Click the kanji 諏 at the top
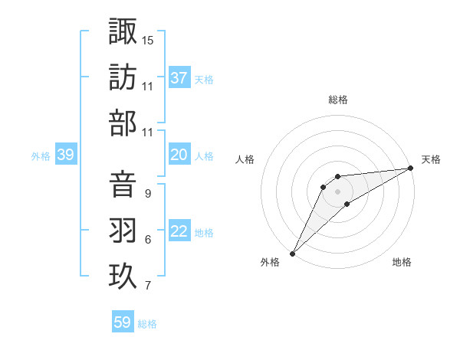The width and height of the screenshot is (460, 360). (123, 31)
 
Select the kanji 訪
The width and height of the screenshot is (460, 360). (123, 77)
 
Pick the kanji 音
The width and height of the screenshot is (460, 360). (123, 184)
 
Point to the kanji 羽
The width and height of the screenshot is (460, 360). (123, 230)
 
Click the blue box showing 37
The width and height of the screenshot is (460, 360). (179, 77)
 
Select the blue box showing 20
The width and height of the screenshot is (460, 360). (179, 155)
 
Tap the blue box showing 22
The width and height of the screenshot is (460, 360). (179, 231)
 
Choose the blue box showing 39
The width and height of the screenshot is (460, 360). (66, 155)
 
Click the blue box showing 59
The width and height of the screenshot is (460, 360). (123, 322)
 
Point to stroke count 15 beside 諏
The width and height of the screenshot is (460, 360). (148, 40)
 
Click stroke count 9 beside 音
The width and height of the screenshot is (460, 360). (147, 194)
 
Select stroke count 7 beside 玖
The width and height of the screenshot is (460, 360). (147, 286)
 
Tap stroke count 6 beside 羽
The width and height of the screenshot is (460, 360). (147, 240)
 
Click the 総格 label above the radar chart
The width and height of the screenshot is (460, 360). (337, 100)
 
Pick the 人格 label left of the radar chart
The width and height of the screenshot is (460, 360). (245, 159)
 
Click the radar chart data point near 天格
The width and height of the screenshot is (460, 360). (411, 168)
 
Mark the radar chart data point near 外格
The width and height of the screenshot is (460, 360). (292, 253)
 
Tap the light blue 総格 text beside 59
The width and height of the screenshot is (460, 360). (147, 323)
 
